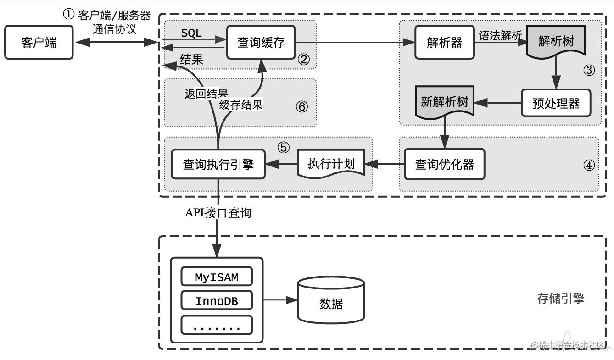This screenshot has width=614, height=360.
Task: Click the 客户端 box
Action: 39,43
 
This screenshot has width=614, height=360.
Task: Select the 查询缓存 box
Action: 261,43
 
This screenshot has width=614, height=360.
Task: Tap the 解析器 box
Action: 444,43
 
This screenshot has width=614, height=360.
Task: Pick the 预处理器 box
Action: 556,103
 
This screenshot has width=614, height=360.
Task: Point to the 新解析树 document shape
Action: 444,102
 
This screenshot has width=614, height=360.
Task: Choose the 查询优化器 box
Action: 444,164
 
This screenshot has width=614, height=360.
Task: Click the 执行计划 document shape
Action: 331,163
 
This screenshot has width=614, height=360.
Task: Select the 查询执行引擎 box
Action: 218,164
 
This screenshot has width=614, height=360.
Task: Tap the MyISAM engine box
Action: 217,277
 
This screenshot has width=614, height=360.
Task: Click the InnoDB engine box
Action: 217,301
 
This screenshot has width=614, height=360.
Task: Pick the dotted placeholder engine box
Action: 217,325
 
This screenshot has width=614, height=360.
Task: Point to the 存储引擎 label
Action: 560,299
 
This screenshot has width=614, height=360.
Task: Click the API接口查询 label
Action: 218,213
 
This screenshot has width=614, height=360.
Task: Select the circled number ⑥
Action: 301,106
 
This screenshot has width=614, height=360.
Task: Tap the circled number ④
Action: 588,165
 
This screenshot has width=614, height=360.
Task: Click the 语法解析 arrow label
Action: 500,36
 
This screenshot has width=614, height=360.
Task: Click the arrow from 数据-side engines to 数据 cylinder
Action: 280,300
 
